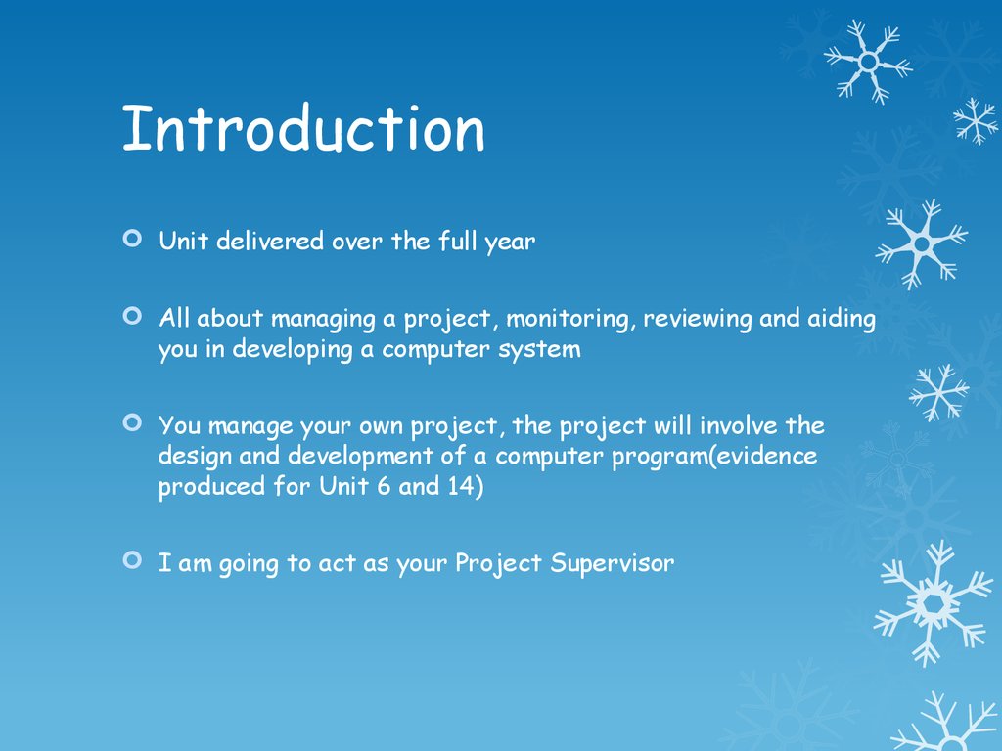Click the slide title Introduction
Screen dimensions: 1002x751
[x=303, y=128]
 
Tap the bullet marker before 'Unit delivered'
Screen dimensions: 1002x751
[x=132, y=239]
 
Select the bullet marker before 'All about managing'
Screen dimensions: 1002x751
[x=132, y=316]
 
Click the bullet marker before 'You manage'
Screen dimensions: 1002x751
[x=132, y=422]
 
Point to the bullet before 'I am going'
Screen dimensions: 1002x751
[x=132, y=560]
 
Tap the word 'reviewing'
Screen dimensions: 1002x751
[x=697, y=320]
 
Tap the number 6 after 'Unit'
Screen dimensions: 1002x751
[x=384, y=486]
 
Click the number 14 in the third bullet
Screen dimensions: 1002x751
[x=461, y=486]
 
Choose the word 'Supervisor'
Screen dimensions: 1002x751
[x=613, y=563]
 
